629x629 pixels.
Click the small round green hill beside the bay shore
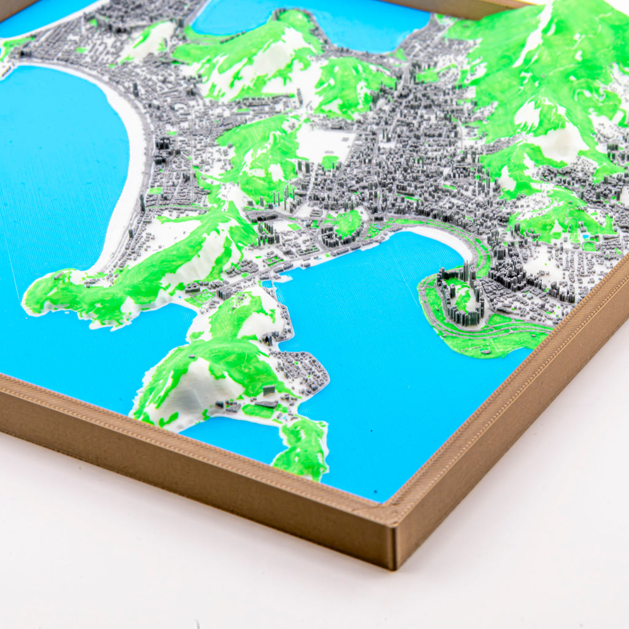coord(348,222)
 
